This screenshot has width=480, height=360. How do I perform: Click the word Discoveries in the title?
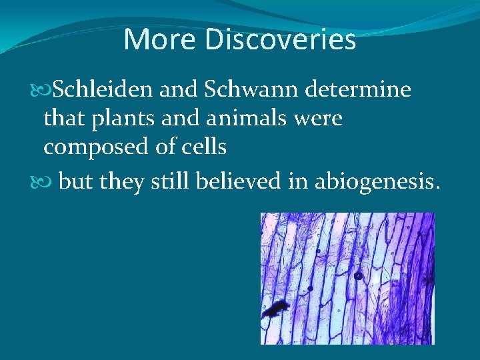click(280, 39)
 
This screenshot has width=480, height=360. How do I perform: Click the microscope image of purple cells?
click(347, 278)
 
